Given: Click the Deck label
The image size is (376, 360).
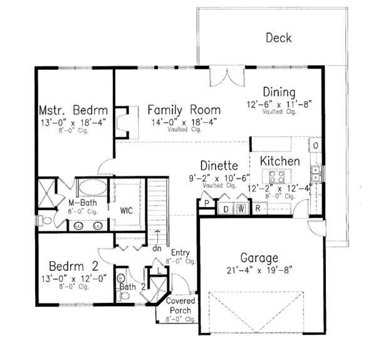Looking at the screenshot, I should click(x=278, y=38).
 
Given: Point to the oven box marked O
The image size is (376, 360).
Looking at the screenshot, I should click(x=315, y=146).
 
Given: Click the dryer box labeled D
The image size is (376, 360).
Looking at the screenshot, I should click(x=226, y=209).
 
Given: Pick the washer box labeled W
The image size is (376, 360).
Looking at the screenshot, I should click(x=241, y=209).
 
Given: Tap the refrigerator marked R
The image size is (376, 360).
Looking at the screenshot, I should click(x=258, y=209).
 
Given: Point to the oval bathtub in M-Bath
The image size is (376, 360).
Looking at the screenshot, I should click(x=91, y=188).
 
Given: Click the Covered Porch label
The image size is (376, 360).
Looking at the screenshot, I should click(x=180, y=305).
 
